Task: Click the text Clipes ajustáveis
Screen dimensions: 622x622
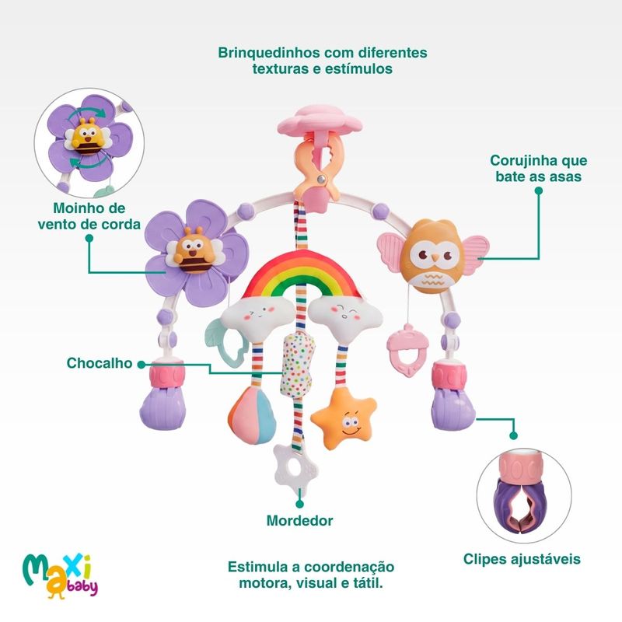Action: (522, 558)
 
